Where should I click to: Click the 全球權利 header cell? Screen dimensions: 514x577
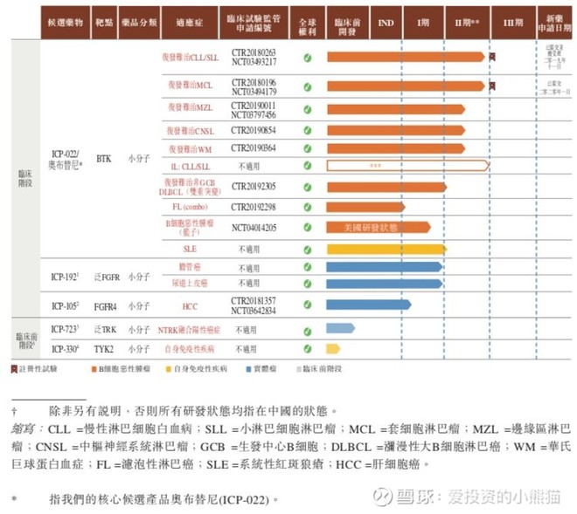click(307, 24)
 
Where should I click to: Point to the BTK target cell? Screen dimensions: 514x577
click(104, 160)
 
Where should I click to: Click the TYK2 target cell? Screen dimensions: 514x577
click(104, 348)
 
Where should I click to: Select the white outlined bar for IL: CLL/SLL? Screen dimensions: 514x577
click(407, 165)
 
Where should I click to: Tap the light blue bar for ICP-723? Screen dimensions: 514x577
click(340, 328)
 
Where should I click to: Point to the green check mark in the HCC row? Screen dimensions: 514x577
click(307, 305)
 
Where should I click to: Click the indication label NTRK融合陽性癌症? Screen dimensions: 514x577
click(189, 330)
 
